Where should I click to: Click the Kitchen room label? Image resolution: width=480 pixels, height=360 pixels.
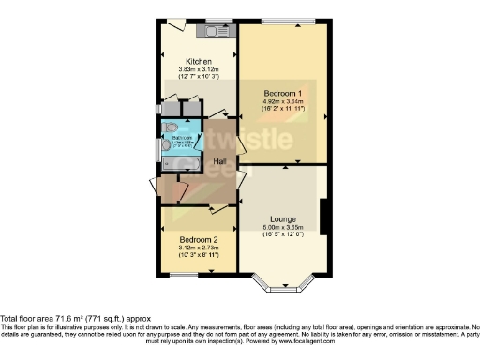coord(197,61)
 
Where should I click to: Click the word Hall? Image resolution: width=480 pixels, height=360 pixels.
coord(220,161)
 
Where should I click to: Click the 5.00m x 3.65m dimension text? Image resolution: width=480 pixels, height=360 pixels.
coord(281,226)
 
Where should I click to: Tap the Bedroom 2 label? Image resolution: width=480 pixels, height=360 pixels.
coord(197,239)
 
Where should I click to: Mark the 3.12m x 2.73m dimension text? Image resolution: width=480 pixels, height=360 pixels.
coord(197,247)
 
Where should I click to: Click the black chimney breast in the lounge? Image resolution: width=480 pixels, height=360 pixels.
coord(324,217)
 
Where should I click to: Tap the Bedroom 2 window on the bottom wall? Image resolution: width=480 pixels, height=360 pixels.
coord(183,274)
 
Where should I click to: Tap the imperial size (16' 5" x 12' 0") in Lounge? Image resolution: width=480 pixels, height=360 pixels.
coord(281,233)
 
